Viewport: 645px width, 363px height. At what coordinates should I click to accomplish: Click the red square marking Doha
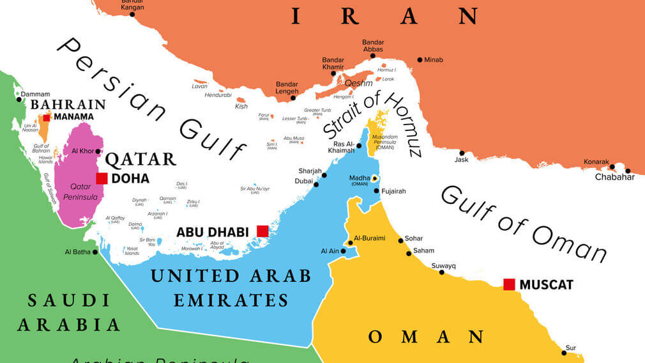click(x=102, y=178)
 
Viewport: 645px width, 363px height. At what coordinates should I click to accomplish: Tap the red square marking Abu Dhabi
click(x=262, y=231)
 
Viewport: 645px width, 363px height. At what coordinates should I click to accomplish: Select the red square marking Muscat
click(x=509, y=284)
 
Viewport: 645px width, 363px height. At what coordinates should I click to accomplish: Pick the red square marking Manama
click(x=47, y=118)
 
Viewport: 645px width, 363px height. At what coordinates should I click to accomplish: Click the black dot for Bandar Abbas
click(x=372, y=56)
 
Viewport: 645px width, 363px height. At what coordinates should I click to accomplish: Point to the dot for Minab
click(x=420, y=60)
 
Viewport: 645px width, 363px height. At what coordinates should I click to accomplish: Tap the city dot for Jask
click(x=462, y=153)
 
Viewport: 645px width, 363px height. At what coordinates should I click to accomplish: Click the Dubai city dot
click(x=316, y=184)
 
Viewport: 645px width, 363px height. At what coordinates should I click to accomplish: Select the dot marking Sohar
click(x=400, y=241)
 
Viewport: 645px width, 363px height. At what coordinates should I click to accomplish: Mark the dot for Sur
click(x=564, y=353)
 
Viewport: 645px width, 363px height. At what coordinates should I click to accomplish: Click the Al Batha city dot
click(x=95, y=252)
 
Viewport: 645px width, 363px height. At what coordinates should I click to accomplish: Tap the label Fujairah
click(x=393, y=191)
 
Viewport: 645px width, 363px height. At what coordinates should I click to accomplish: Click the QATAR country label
click(x=140, y=159)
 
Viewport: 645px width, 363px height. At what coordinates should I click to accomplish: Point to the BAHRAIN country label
click(x=68, y=104)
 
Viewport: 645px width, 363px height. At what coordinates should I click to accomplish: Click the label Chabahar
click(x=615, y=177)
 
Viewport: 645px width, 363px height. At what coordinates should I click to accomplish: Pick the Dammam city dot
click(x=18, y=99)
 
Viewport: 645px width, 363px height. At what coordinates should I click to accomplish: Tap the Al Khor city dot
click(x=98, y=151)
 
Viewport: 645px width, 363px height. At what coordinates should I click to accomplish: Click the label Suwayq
click(x=443, y=265)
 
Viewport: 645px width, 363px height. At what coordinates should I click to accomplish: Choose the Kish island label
click(x=241, y=107)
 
